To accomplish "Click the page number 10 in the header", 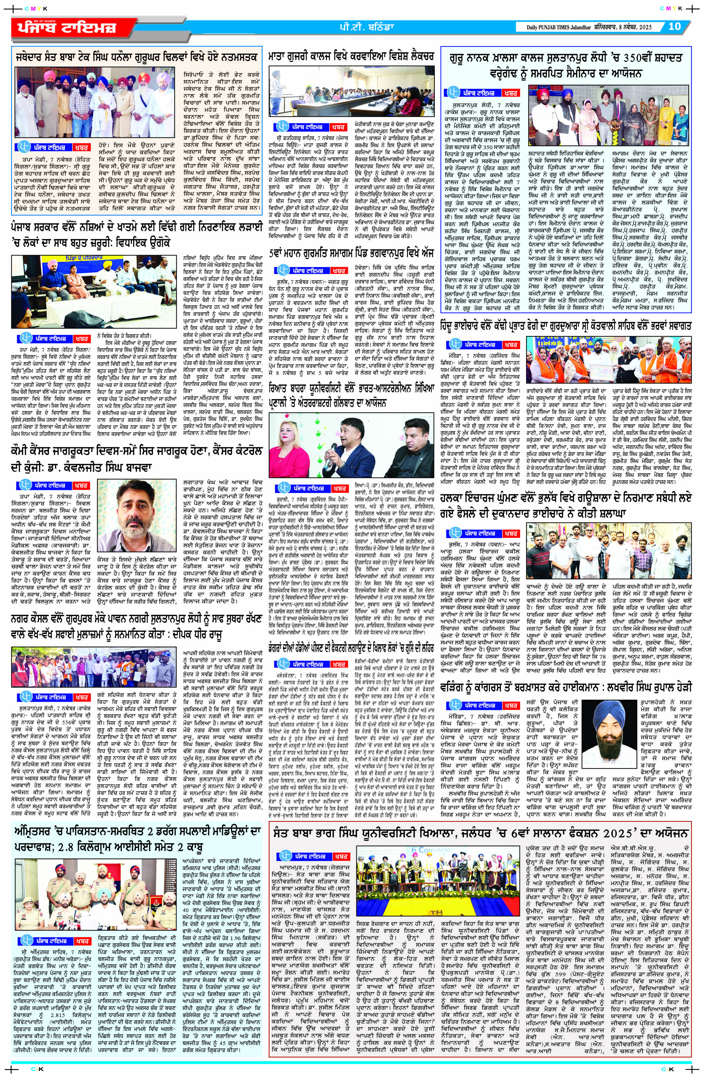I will (674, 26).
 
